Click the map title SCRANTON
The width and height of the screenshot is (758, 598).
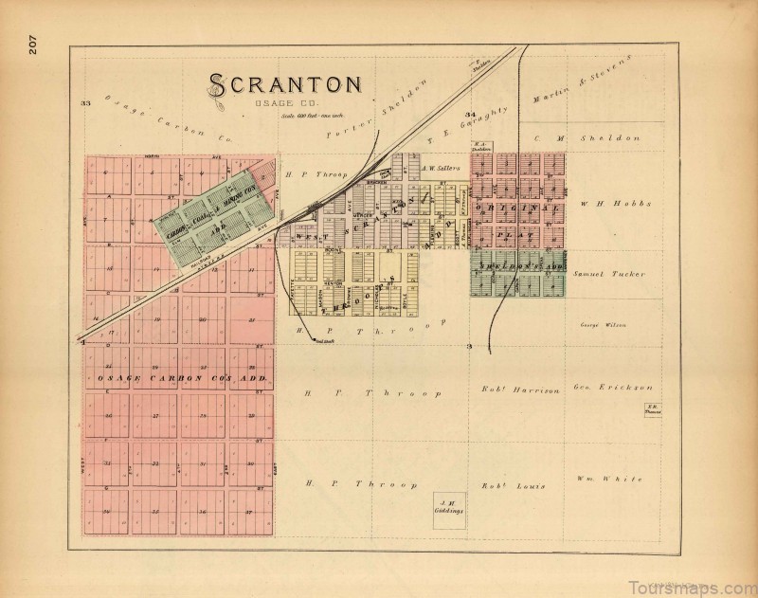point(283,83)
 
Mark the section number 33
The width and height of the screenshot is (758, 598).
point(85,102)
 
